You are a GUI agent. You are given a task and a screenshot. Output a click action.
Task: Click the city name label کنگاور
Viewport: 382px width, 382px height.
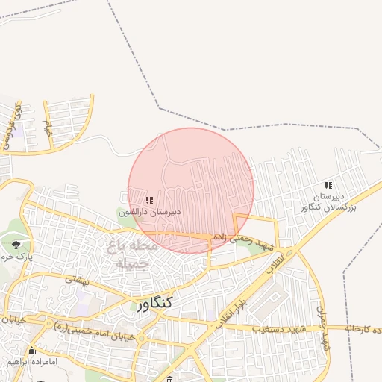154,302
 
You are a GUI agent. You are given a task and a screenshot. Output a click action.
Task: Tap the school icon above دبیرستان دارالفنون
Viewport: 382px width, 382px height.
149,200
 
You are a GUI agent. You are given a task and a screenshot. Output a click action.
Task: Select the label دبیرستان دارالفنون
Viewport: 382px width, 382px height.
149,213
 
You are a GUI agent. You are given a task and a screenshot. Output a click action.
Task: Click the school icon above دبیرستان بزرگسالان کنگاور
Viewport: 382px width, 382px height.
328,185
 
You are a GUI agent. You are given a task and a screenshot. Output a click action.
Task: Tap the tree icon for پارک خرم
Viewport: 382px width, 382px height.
16,244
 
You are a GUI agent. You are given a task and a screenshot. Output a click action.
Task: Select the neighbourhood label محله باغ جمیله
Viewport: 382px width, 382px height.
133,254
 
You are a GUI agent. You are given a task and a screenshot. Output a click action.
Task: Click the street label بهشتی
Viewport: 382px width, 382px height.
77,278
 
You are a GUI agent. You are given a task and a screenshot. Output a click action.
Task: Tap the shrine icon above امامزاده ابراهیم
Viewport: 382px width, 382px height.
31,351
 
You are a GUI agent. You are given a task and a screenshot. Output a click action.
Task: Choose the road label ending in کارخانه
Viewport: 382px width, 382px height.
359,328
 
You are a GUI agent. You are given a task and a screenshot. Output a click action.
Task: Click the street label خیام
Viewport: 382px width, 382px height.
46,127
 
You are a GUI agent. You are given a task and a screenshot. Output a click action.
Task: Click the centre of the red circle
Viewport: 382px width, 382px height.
191,190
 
